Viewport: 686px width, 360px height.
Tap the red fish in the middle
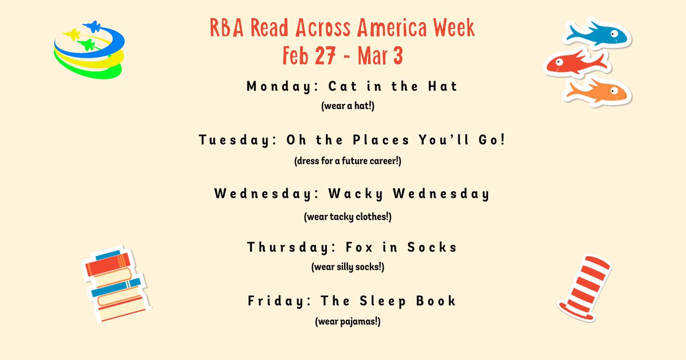(573, 62)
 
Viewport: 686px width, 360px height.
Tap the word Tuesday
(231, 140)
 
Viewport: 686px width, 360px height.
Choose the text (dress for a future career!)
(348, 161)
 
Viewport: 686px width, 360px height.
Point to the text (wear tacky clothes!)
(348, 217)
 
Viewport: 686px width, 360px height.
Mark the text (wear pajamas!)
(348, 322)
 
